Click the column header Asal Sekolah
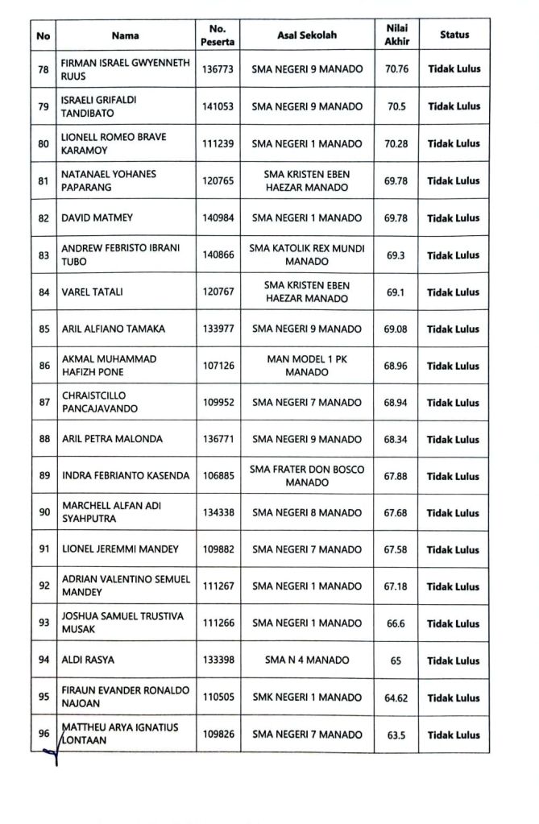[x=307, y=35]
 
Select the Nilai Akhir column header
[x=396, y=35]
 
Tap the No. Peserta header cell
[x=218, y=35]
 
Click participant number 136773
[x=218, y=69]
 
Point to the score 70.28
[x=396, y=143]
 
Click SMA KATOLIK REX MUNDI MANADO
[x=307, y=255]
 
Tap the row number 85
[x=44, y=329]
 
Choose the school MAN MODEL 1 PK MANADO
[x=307, y=366]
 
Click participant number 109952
[x=218, y=402]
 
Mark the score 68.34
[x=396, y=439]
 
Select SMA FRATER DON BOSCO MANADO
[x=307, y=476]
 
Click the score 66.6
[x=396, y=623]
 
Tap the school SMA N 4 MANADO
[x=307, y=660]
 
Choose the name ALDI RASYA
[x=88, y=660]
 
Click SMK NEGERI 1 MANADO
[x=307, y=698]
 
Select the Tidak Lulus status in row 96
[x=454, y=735]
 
